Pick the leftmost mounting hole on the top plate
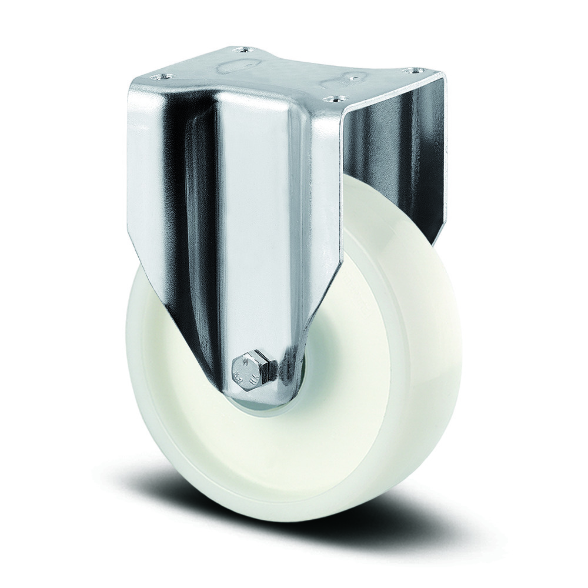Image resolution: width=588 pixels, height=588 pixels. click(162, 76)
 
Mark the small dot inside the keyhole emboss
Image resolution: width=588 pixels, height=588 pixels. click(355, 76)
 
